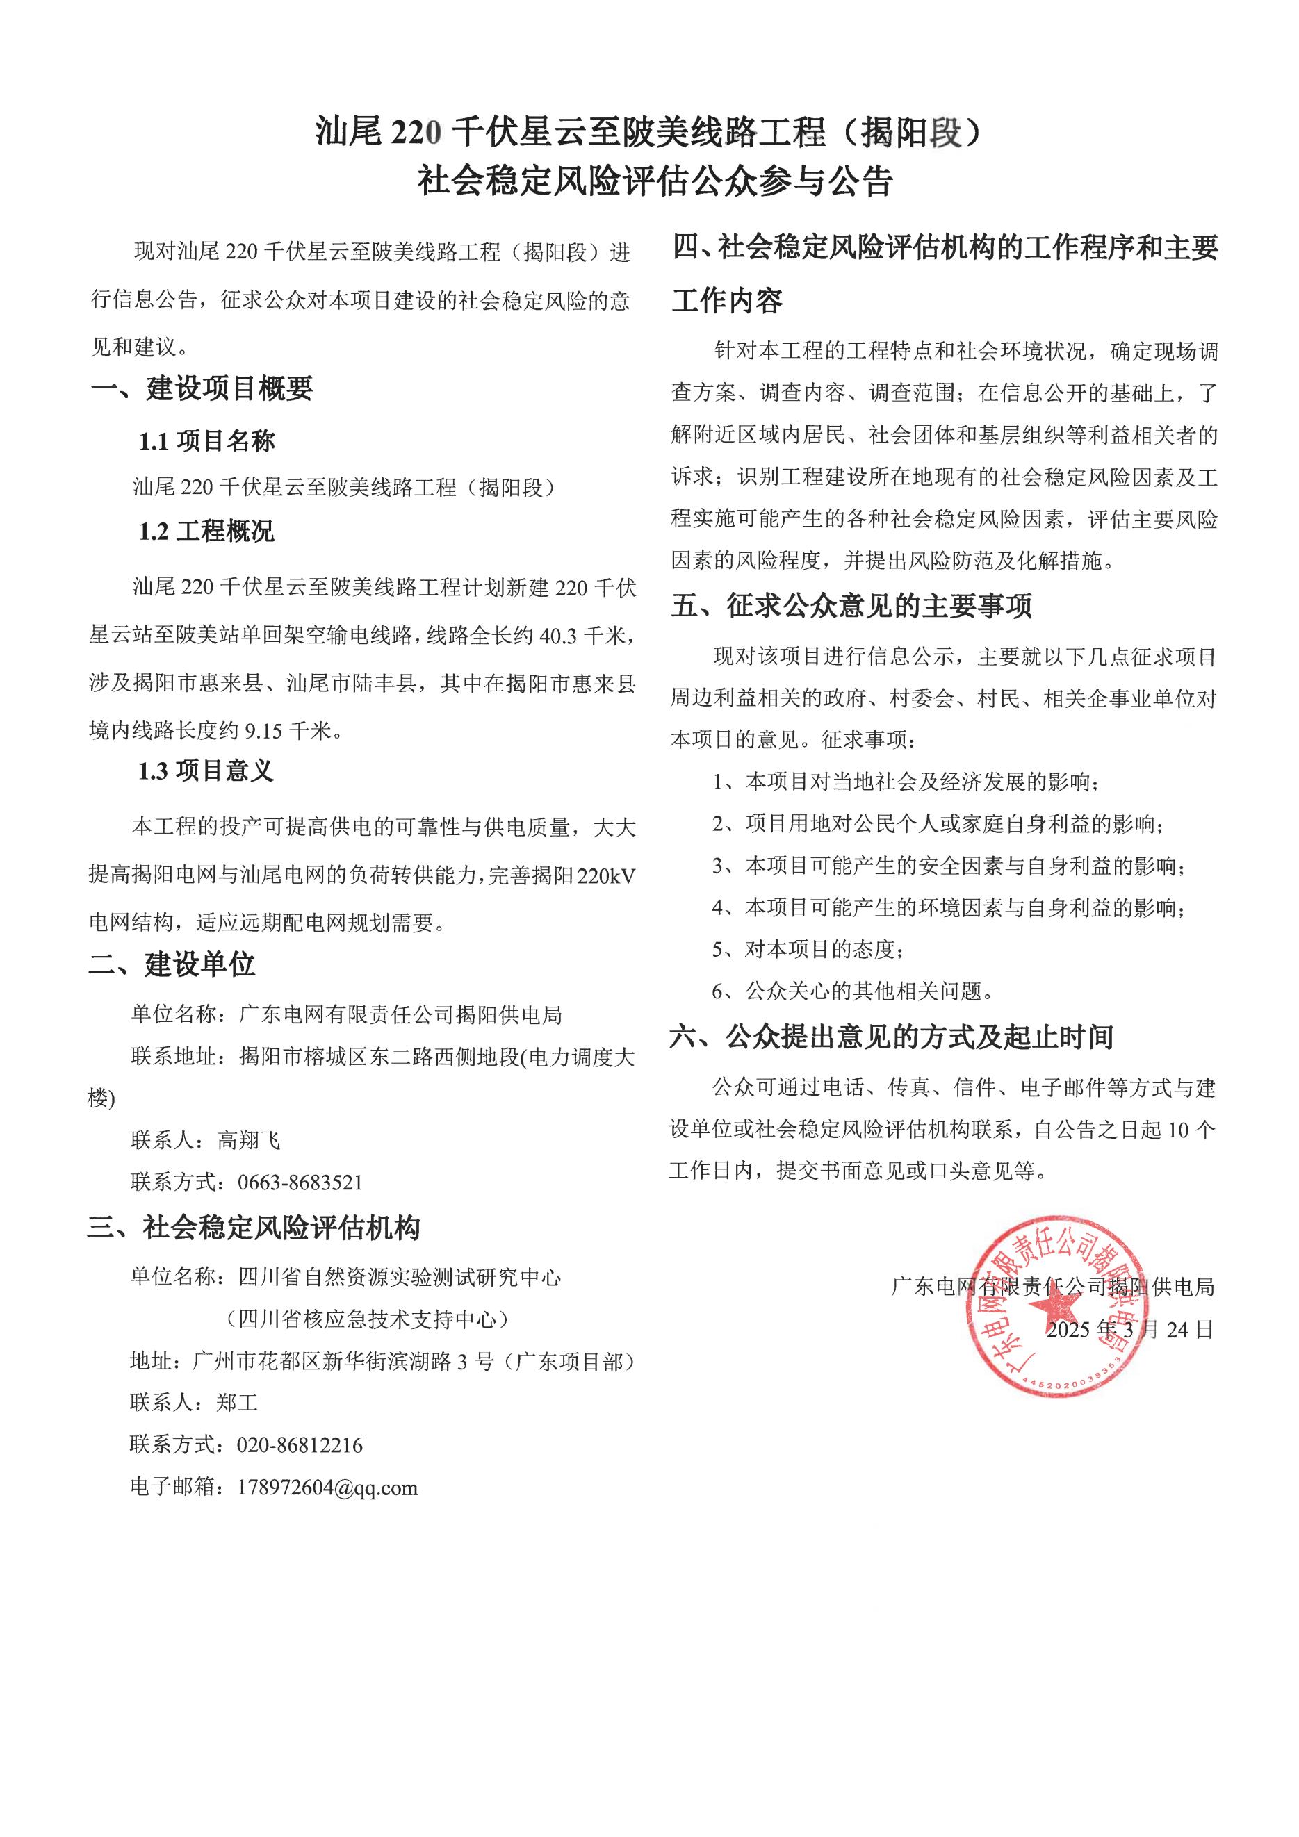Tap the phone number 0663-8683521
300,1183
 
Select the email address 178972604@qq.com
327,1488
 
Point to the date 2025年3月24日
1130,1330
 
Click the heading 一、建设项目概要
201,389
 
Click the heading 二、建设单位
172,965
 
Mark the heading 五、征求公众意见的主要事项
851,606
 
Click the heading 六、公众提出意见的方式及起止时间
892,1038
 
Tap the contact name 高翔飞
248,1140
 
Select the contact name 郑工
237,1403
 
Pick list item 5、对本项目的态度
808,950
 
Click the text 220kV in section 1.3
606,877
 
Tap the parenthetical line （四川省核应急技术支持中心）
368,1319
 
